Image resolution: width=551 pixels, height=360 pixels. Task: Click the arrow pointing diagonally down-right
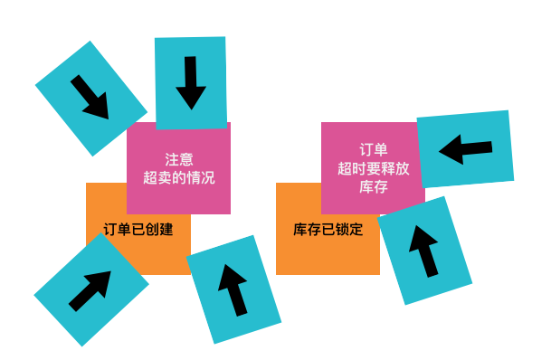90,98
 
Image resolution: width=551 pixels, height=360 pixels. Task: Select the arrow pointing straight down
191,83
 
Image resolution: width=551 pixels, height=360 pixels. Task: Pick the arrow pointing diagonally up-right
90,289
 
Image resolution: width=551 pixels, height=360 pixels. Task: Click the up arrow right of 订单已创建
233,289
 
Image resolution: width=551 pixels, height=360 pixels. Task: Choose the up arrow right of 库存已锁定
424,251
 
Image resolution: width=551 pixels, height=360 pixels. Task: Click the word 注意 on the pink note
178,159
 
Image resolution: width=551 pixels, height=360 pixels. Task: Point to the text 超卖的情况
178,178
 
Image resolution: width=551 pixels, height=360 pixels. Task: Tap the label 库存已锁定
328,230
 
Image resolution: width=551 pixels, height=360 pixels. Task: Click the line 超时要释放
373,168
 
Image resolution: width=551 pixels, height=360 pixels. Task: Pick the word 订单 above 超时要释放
373,150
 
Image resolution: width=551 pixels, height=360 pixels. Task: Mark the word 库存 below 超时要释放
373,187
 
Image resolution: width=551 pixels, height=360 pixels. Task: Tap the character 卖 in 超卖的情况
164,178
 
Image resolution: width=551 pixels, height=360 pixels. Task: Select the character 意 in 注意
185,159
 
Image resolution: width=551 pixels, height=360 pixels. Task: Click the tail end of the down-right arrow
75,80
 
